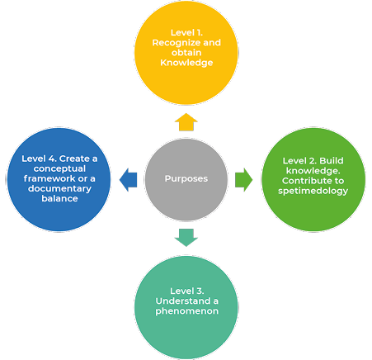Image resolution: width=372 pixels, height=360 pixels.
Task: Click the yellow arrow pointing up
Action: click(186, 122)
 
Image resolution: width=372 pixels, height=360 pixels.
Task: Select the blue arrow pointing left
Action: click(128, 180)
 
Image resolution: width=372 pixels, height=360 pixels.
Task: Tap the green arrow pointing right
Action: click(244, 180)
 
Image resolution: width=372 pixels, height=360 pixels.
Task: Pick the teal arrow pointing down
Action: click(186, 238)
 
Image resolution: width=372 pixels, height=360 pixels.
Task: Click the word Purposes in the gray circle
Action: click(186, 178)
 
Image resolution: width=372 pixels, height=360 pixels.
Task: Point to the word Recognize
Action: click(177, 43)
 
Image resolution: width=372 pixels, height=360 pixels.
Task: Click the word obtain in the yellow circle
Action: click(186, 53)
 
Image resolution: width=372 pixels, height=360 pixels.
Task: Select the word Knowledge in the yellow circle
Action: click(186, 63)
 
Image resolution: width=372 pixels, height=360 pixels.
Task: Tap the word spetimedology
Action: click(313, 191)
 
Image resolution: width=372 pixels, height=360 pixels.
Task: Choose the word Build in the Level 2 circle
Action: click(332, 161)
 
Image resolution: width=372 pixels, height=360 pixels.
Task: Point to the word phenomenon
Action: click(187, 311)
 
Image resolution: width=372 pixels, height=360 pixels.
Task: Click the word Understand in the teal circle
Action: click(183, 301)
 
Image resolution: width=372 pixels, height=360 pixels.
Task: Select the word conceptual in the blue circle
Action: click(59, 168)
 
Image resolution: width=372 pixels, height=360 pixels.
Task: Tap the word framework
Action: click(49, 178)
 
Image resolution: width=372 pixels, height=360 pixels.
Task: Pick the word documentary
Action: click(59, 189)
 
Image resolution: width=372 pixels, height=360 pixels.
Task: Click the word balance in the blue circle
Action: click(59, 198)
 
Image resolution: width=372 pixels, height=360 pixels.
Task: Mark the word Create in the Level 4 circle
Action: click(74, 159)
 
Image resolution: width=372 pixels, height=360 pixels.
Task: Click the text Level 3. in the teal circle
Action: click(187, 291)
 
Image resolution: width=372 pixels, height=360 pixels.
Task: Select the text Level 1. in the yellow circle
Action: click(186, 33)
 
